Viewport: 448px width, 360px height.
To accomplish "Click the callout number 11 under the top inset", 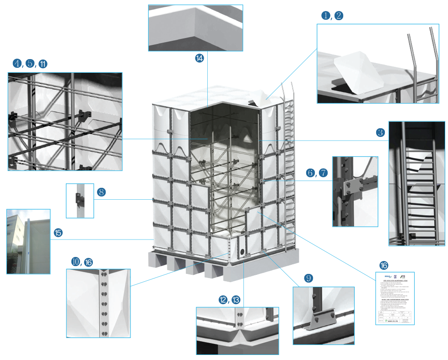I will tap(199, 58).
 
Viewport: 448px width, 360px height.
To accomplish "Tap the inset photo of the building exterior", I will tap(28, 241).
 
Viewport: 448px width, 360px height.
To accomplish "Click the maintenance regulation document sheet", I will tap(395, 298).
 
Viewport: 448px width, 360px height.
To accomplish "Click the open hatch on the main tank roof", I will tap(258, 97).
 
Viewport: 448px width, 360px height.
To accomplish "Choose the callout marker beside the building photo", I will tap(58, 233).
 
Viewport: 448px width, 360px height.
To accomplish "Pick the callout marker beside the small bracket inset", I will tap(102, 192).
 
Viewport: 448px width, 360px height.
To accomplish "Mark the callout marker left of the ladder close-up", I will tap(380, 133).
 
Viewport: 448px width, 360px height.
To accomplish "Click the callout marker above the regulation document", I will tap(383, 265).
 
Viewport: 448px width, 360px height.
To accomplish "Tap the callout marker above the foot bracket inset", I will tap(308, 278).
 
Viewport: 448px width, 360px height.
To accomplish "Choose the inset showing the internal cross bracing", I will tap(65, 121).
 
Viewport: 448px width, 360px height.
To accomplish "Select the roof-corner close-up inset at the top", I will tap(195, 28).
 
